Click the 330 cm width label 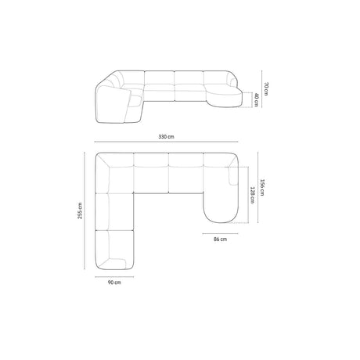pyautogui.click(x=166, y=136)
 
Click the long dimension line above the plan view pyautogui.click(x=166, y=143)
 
